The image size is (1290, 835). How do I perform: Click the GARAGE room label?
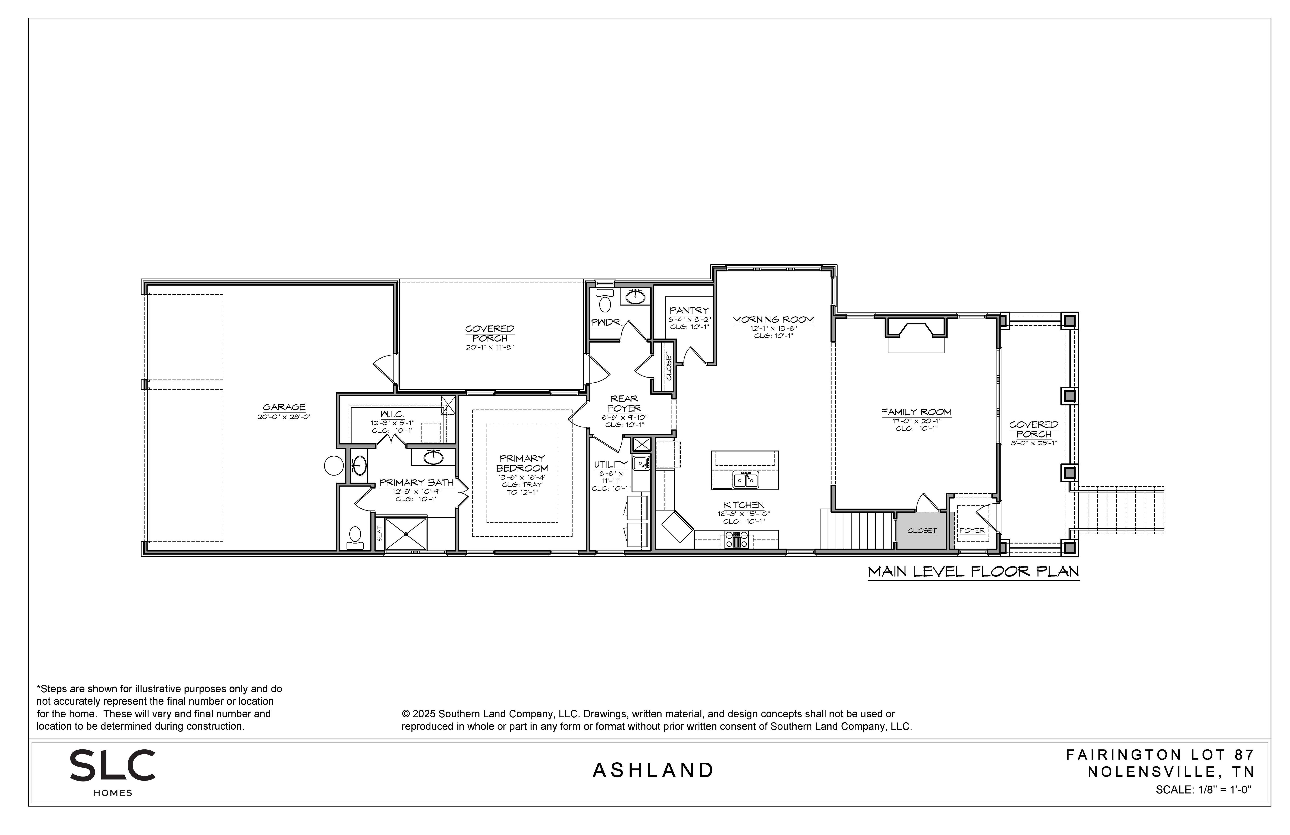click(x=284, y=407)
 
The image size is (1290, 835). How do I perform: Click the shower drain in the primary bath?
click(x=406, y=534)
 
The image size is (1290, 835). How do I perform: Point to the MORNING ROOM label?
click(x=774, y=320)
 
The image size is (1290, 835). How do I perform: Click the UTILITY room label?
click(x=610, y=464)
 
